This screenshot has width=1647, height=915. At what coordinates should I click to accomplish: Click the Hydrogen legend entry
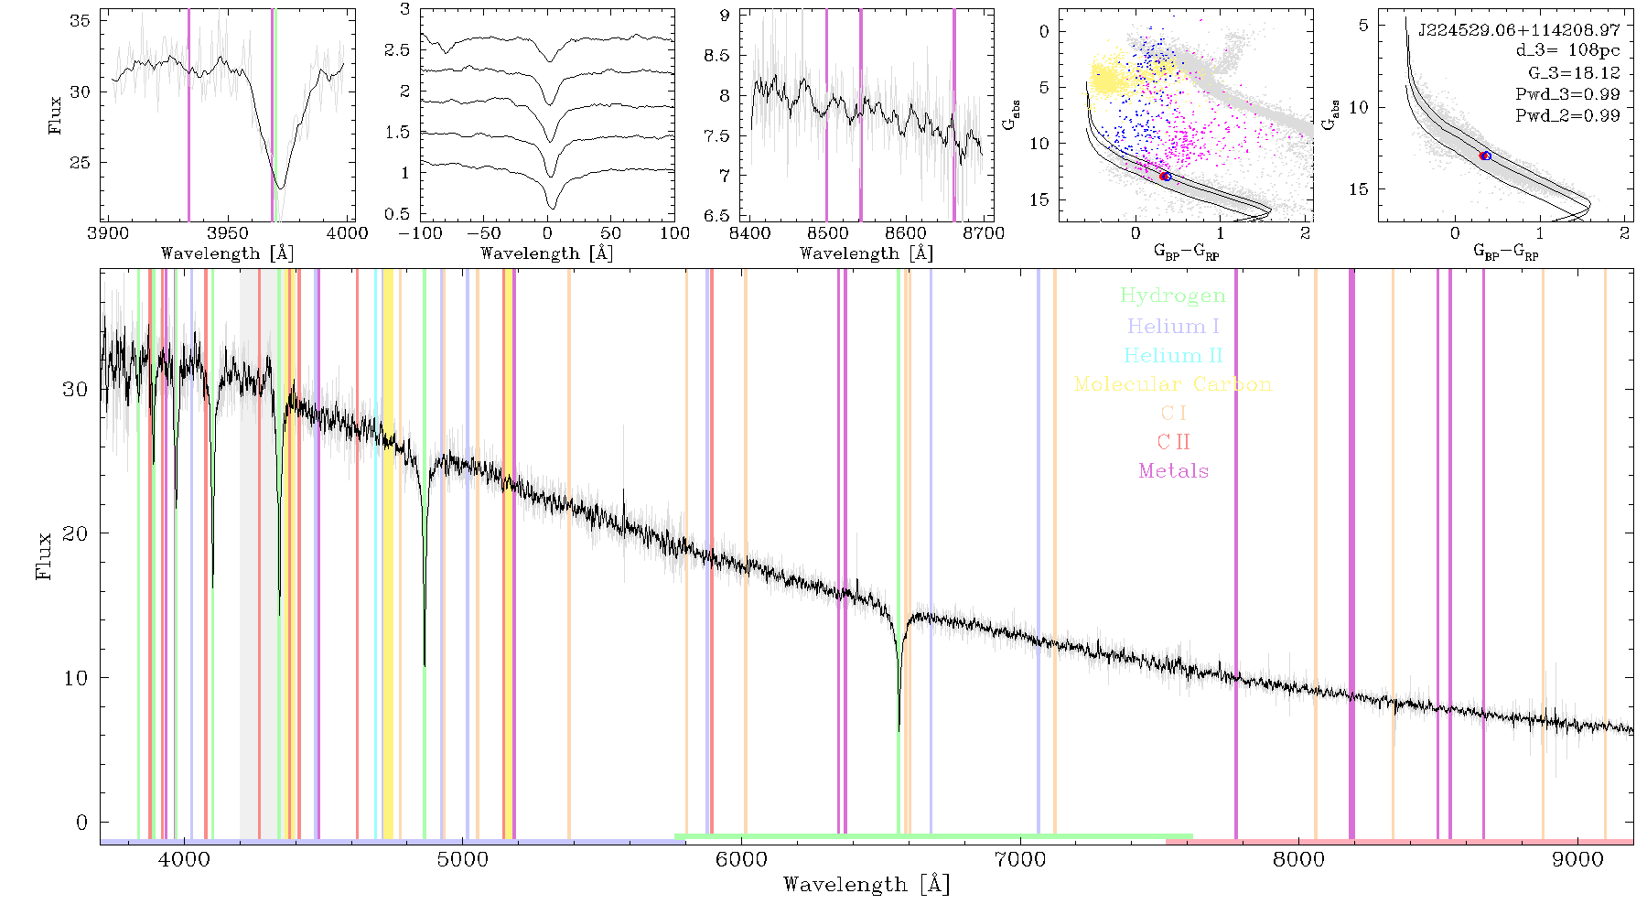(x=1173, y=296)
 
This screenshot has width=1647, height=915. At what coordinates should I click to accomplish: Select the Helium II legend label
(x=1173, y=355)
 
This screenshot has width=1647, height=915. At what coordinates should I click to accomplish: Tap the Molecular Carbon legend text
(x=1173, y=384)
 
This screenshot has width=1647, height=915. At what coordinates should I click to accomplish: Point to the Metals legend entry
(x=1174, y=471)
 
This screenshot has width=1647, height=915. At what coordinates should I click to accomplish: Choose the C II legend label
(x=1174, y=442)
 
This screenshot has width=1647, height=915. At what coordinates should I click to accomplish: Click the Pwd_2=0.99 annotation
(x=1567, y=115)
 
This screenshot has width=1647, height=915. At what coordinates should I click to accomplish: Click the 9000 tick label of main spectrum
(x=1577, y=859)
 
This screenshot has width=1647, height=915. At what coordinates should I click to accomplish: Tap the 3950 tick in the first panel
(x=228, y=232)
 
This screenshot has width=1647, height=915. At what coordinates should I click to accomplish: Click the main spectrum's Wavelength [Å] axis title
(x=867, y=885)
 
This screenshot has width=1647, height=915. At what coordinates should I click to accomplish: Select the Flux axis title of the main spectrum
(x=43, y=554)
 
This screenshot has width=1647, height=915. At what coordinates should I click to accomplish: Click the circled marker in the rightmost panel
(x=1485, y=156)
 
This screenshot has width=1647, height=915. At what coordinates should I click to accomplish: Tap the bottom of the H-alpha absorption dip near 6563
(x=899, y=730)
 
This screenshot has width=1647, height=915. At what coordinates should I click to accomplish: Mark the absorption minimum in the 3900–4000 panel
(x=280, y=188)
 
